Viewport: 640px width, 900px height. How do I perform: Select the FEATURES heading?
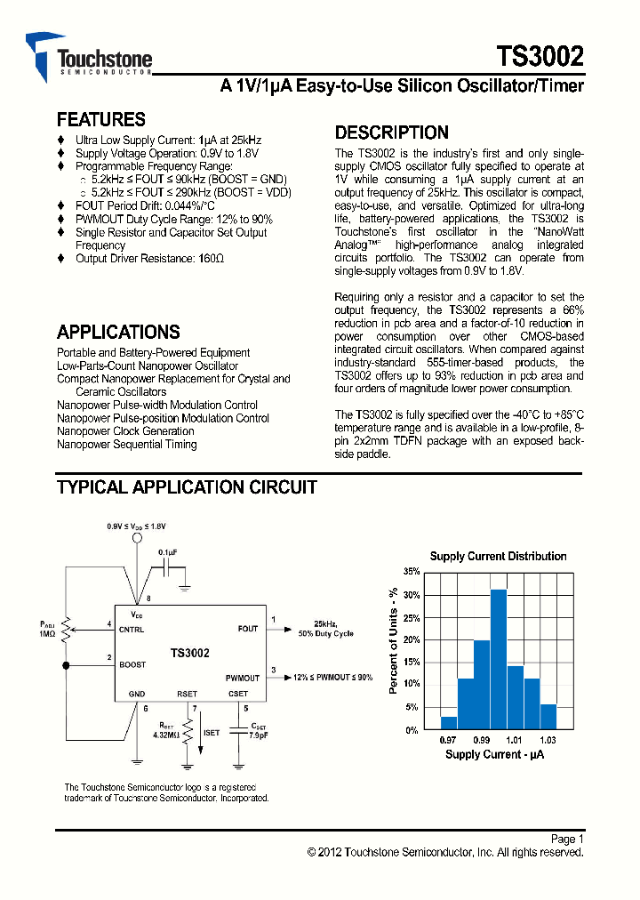[x=100, y=119]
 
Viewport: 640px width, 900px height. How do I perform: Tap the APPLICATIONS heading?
[x=118, y=333]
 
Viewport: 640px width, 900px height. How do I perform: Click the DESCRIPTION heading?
[x=391, y=133]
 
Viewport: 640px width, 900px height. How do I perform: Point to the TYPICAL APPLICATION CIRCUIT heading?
[x=187, y=487]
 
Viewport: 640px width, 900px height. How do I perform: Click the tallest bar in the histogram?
[x=498, y=659]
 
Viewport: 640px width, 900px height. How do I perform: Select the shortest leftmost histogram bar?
[x=449, y=723]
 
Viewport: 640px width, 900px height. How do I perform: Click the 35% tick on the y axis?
[x=412, y=572]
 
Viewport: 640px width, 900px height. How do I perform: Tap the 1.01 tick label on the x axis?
[x=514, y=740]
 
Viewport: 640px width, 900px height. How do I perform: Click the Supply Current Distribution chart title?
[x=498, y=557]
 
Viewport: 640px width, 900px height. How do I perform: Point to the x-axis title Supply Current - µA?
[x=495, y=754]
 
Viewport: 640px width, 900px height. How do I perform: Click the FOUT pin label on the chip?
[x=248, y=629]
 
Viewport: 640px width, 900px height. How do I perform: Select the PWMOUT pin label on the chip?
[x=242, y=678]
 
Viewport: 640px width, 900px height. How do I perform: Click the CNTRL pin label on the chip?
[x=132, y=629]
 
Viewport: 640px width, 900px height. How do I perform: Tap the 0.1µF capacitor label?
[x=167, y=552]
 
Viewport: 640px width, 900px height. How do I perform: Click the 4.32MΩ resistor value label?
[x=165, y=735]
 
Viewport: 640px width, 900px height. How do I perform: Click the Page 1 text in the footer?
[x=566, y=839]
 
